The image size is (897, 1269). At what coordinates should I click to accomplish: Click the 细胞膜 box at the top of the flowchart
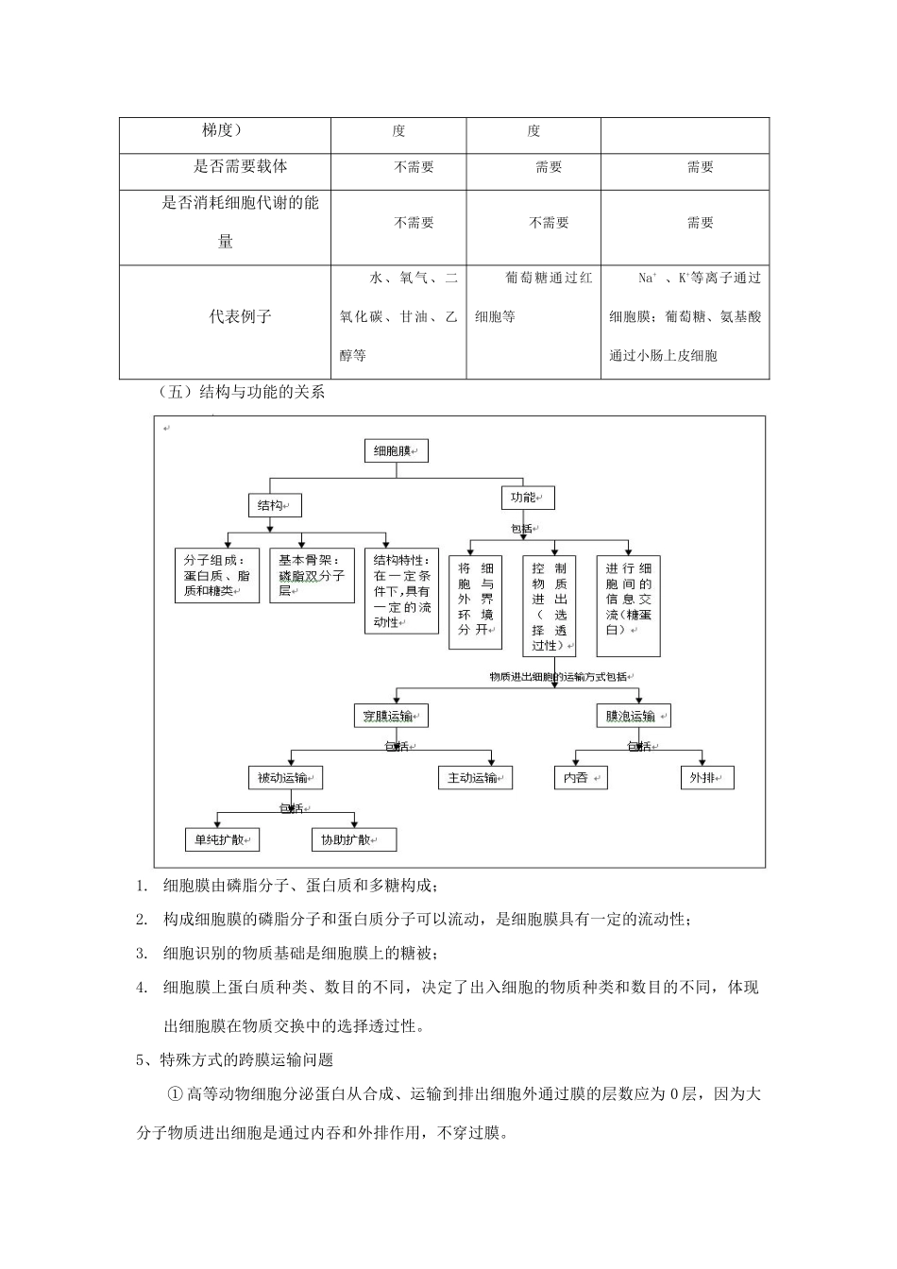tap(396, 451)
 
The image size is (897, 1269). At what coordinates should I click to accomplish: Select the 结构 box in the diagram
tap(274, 505)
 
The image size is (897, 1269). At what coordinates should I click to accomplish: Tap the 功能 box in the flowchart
tap(527, 498)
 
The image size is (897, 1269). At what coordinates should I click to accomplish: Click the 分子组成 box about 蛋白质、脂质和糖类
tap(217, 575)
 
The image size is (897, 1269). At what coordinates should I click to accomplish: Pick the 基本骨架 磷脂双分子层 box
tap(312, 575)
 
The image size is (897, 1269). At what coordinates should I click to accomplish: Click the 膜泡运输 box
tap(634, 716)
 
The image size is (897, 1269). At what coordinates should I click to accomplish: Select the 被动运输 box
tap(286, 778)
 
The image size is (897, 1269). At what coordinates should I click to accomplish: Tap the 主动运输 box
tap(475, 778)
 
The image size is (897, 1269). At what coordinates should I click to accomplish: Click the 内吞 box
tap(579, 778)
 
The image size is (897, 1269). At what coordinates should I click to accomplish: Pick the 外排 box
tap(706, 778)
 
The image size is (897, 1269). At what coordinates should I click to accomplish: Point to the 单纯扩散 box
tap(222, 839)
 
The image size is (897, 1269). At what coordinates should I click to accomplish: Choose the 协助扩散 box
tap(353, 839)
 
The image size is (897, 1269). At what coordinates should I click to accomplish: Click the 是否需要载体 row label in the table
tap(240, 167)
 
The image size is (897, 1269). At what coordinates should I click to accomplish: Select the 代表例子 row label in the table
tap(240, 317)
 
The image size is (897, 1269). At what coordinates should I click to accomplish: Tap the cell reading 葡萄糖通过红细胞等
tap(533, 297)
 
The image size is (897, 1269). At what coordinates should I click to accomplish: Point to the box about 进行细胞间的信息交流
tap(629, 604)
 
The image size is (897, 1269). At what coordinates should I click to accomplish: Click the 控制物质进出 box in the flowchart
tap(550, 604)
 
